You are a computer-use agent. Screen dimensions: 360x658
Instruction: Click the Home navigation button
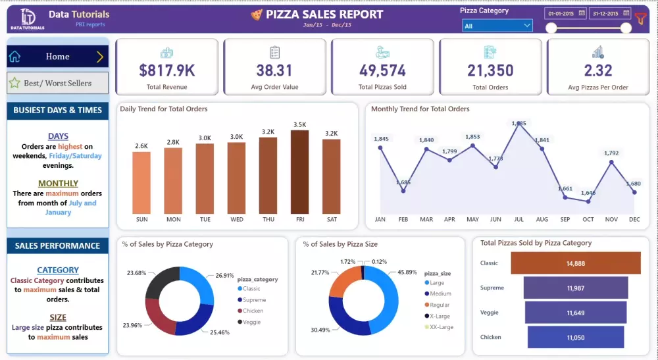57,57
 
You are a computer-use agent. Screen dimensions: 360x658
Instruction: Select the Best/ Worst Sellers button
57,84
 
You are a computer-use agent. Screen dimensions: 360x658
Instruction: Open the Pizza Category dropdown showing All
497,26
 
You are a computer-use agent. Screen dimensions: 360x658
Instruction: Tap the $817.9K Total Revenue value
166,70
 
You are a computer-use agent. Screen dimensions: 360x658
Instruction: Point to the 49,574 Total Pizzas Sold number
382,70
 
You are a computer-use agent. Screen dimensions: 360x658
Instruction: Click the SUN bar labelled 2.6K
141,182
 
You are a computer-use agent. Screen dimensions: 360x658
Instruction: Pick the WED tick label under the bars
236,219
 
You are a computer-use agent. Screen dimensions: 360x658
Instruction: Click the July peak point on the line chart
519,122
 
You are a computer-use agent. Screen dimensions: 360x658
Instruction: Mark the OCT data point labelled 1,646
588,201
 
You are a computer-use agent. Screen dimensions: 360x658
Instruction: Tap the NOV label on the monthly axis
611,219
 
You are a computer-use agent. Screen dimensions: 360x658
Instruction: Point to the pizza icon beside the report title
257,14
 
